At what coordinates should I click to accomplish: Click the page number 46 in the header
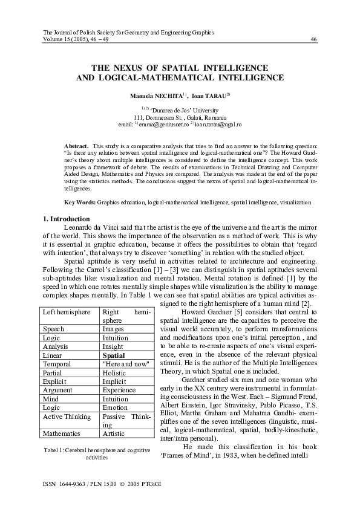(x=313, y=39)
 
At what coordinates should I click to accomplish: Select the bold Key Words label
(x=79, y=201)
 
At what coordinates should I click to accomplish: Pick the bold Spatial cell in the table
(x=114, y=356)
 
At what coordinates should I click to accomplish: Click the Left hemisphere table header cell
(x=67, y=312)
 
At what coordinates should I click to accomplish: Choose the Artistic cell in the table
(x=114, y=433)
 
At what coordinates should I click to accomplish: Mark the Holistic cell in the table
(x=115, y=373)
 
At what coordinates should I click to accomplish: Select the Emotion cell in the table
(x=115, y=407)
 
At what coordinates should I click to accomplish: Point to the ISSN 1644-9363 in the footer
(x=65, y=484)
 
